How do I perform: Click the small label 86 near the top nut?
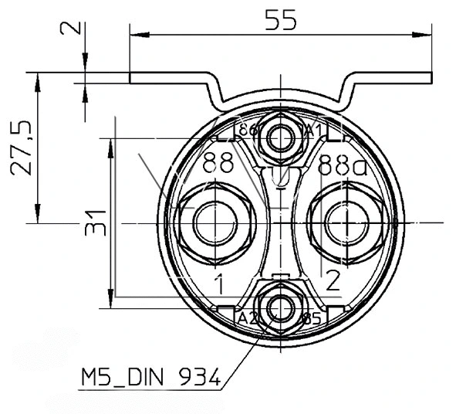click(x=248, y=130)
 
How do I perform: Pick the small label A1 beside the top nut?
click(x=312, y=129)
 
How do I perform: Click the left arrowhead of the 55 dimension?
click(x=137, y=34)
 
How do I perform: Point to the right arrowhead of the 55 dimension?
click(x=424, y=34)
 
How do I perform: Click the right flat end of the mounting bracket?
click(x=409, y=78)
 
